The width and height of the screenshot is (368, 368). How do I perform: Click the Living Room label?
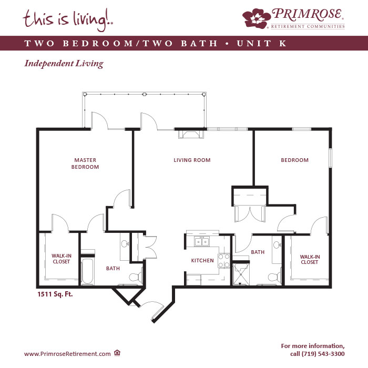pyautogui.click(x=192, y=160)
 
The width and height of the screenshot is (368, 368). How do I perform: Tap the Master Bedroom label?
pyautogui.click(x=85, y=163)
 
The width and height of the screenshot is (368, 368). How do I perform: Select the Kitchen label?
pyautogui.click(x=202, y=261)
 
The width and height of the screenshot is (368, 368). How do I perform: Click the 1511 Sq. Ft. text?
pyautogui.click(x=55, y=294)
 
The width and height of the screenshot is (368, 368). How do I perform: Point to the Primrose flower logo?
pyautogui.click(x=257, y=18)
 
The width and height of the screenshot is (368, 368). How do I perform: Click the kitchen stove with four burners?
pyautogui.click(x=224, y=261)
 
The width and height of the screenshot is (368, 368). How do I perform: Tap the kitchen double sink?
pyautogui.click(x=202, y=241)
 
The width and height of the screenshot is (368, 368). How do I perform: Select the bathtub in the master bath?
pyautogui.click(x=88, y=271)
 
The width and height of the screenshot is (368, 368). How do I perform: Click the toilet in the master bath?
pyautogui.click(x=136, y=277)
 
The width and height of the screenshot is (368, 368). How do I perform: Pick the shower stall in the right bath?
pyautogui.click(x=241, y=274)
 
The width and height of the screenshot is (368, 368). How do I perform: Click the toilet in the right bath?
pyautogui.click(x=274, y=277)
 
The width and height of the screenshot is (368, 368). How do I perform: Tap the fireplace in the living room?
pyautogui.click(x=191, y=135)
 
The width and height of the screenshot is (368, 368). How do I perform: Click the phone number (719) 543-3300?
pyautogui.click(x=323, y=354)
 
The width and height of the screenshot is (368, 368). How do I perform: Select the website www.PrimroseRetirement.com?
pyautogui.click(x=67, y=354)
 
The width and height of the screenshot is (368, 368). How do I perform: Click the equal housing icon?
pyautogui.click(x=117, y=353)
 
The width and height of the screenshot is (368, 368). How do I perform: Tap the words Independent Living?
pyautogui.click(x=64, y=64)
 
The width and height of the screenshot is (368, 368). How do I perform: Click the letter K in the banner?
pyautogui.click(x=283, y=43)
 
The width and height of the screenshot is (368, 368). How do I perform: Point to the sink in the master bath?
pyautogui.click(x=125, y=244)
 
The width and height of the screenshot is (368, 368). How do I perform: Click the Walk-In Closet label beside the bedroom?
pyautogui.click(x=310, y=259)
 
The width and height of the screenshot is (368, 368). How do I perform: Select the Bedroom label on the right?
pyautogui.click(x=294, y=160)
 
